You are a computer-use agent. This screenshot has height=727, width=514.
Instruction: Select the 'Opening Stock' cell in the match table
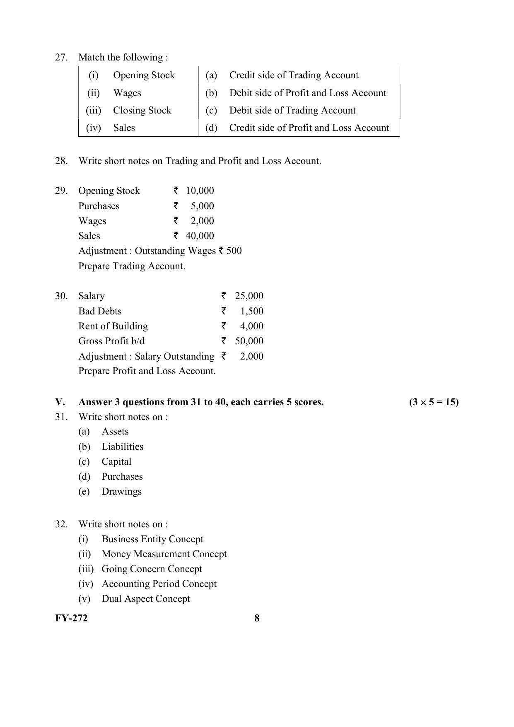coord(144,75)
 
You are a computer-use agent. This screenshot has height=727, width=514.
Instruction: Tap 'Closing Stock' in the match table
coord(142,110)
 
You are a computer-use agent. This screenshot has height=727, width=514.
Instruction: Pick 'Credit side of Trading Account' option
coord(294,75)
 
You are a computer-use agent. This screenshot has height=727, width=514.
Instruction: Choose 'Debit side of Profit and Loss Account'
coord(307,93)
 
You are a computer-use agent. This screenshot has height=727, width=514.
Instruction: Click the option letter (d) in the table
coord(211,128)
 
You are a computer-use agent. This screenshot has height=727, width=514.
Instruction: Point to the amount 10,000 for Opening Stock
coord(200,191)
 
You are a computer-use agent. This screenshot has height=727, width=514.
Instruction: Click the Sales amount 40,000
coord(200,236)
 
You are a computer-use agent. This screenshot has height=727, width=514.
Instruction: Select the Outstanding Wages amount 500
coord(234,251)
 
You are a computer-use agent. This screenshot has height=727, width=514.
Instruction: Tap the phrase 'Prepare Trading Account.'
coord(132,266)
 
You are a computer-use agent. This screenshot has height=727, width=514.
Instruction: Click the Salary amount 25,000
coord(249,296)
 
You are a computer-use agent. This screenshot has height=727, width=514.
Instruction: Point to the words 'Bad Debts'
coord(100,311)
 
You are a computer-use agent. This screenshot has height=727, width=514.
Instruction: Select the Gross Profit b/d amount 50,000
coord(249,341)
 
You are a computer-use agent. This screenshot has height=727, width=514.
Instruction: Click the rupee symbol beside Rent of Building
coord(224,326)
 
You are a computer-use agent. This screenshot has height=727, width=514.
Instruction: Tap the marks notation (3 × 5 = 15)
coord(434,402)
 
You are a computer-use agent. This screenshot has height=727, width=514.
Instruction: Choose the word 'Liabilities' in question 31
coord(122,447)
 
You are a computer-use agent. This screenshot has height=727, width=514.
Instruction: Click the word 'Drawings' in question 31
coord(121,491)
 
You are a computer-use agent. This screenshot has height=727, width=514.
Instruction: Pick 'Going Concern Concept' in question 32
coord(152,569)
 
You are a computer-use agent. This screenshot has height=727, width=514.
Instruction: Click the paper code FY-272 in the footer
coord(71,618)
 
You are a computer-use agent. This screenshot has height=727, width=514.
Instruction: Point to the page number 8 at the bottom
coord(257,618)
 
